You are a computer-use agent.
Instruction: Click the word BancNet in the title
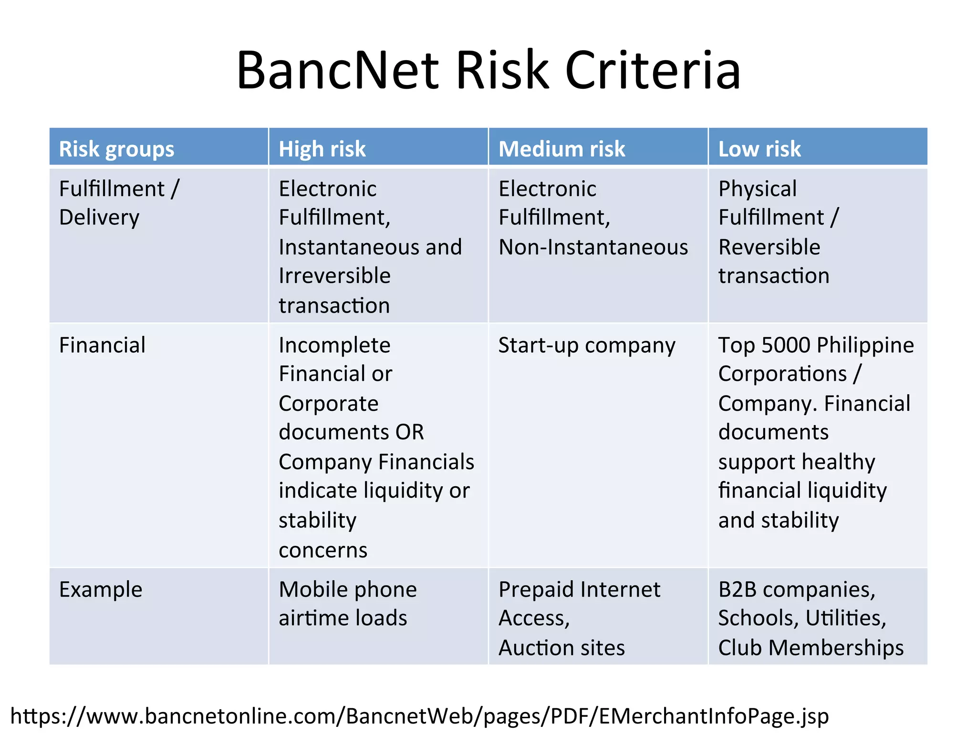(x=337, y=71)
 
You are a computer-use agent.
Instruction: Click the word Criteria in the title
(x=653, y=71)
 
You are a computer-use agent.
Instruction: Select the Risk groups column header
(x=116, y=149)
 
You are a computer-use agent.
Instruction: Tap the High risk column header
(x=322, y=149)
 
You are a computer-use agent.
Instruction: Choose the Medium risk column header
(x=561, y=149)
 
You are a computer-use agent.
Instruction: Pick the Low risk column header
(x=759, y=149)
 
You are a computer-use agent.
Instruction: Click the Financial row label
(x=102, y=345)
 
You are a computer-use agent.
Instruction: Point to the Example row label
(x=101, y=589)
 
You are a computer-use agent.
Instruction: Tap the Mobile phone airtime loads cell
(x=347, y=604)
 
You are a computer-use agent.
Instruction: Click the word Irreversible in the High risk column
(x=334, y=276)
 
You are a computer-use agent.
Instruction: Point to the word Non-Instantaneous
(x=593, y=247)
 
